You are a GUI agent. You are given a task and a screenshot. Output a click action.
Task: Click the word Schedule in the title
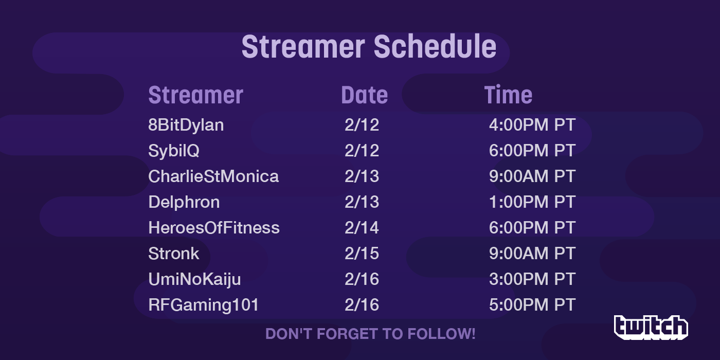click(x=435, y=47)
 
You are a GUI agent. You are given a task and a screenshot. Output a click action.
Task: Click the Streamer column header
click(x=196, y=95)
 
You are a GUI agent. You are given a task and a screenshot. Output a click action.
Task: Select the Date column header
click(x=365, y=95)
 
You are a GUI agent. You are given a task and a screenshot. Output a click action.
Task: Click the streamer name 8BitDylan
click(x=186, y=125)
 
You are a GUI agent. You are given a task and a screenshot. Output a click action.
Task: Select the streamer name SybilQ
click(x=174, y=151)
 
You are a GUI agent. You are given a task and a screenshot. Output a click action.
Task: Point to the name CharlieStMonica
click(x=213, y=176)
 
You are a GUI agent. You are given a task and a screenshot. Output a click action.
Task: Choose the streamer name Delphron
click(x=184, y=203)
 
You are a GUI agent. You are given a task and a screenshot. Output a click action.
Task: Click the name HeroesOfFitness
click(x=214, y=227)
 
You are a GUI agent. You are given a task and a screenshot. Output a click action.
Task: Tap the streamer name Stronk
click(x=174, y=253)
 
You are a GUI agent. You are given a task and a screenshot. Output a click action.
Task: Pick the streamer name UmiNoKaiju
click(x=194, y=280)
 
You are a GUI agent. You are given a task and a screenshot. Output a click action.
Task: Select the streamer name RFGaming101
click(x=204, y=305)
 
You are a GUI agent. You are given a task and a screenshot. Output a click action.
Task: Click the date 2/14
click(x=362, y=227)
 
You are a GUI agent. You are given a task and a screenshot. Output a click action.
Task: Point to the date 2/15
click(x=362, y=253)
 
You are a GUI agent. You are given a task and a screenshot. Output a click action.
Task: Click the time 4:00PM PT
click(x=532, y=124)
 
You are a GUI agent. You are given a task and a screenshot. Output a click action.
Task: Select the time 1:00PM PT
click(x=532, y=202)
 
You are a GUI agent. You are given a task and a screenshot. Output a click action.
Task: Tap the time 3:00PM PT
click(x=532, y=279)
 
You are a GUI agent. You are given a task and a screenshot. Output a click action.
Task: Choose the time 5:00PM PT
click(x=532, y=304)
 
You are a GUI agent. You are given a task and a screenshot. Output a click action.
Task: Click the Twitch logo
click(x=651, y=328)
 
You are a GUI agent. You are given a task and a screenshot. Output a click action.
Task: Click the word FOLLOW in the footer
click(x=441, y=334)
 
